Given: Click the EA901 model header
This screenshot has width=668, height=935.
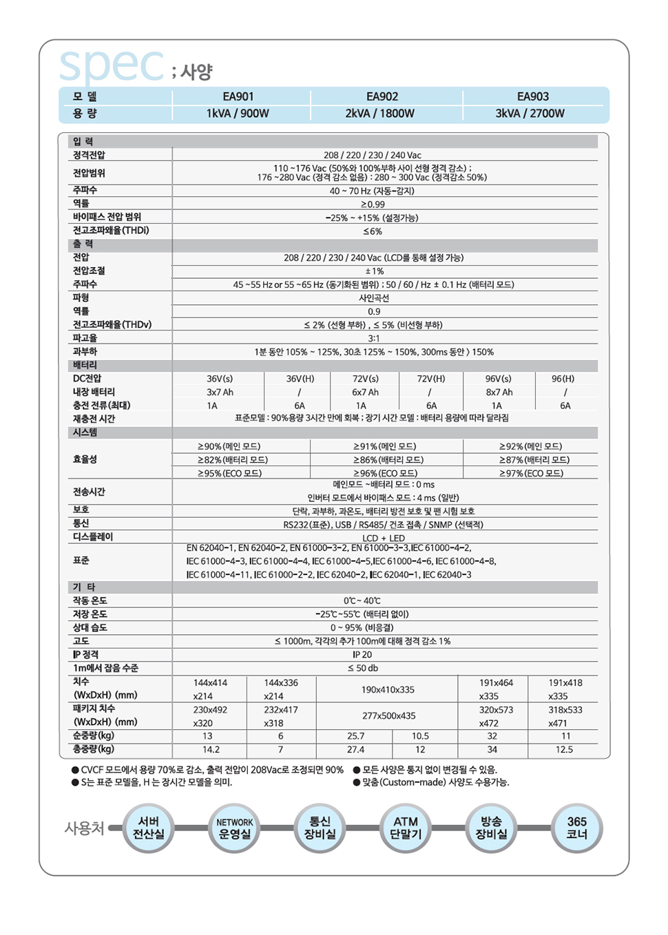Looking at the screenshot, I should pyautogui.click(x=238, y=97).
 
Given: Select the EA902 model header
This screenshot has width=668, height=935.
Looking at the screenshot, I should pyautogui.click(x=382, y=97).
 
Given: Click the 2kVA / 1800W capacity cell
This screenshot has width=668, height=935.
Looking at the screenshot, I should pyautogui.click(x=380, y=114).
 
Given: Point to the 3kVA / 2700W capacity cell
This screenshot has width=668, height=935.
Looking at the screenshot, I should pyautogui.click(x=530, y=114).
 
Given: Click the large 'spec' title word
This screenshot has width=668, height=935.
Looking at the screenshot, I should pyautogui.click(x=112, y=65).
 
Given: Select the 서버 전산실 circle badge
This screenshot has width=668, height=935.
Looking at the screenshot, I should pyautogui.click(x=148, y=828).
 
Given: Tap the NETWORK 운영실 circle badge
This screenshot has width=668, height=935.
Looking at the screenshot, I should pyautogui.click(x=234, y=828).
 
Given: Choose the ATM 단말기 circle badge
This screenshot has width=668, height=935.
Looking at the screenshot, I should pyautogui.click(x=406, y=828).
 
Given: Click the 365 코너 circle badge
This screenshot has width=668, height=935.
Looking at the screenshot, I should pyautogui.click(x=576, y=828).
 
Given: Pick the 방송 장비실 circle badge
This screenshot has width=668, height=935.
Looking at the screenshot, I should pyautogui.click(x=491, y=828).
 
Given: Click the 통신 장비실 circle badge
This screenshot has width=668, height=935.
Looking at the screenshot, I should pyautogui.click(x=320, y=828).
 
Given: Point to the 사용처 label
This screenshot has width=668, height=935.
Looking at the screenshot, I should pyautogui.click(x=84, y=828).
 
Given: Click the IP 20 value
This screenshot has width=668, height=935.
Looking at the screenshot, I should pyautogui.click(x=362, y=655).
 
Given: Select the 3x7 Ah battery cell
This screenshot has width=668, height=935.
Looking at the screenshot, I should pyautogui.click(x=220, y=392).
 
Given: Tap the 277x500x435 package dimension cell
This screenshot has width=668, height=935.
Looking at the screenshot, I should pyautogui.click(x=389, y=716).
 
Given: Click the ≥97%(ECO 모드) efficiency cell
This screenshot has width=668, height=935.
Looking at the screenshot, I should pyautogui.click(x=531, y=473).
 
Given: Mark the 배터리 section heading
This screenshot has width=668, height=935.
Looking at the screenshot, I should pyautogui.click(x=85, y=365).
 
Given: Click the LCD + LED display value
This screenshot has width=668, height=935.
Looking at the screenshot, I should pyautogui.click(x=384, y=538).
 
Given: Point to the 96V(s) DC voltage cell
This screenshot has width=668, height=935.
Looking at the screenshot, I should pyautogui.click(x=498, y=379).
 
